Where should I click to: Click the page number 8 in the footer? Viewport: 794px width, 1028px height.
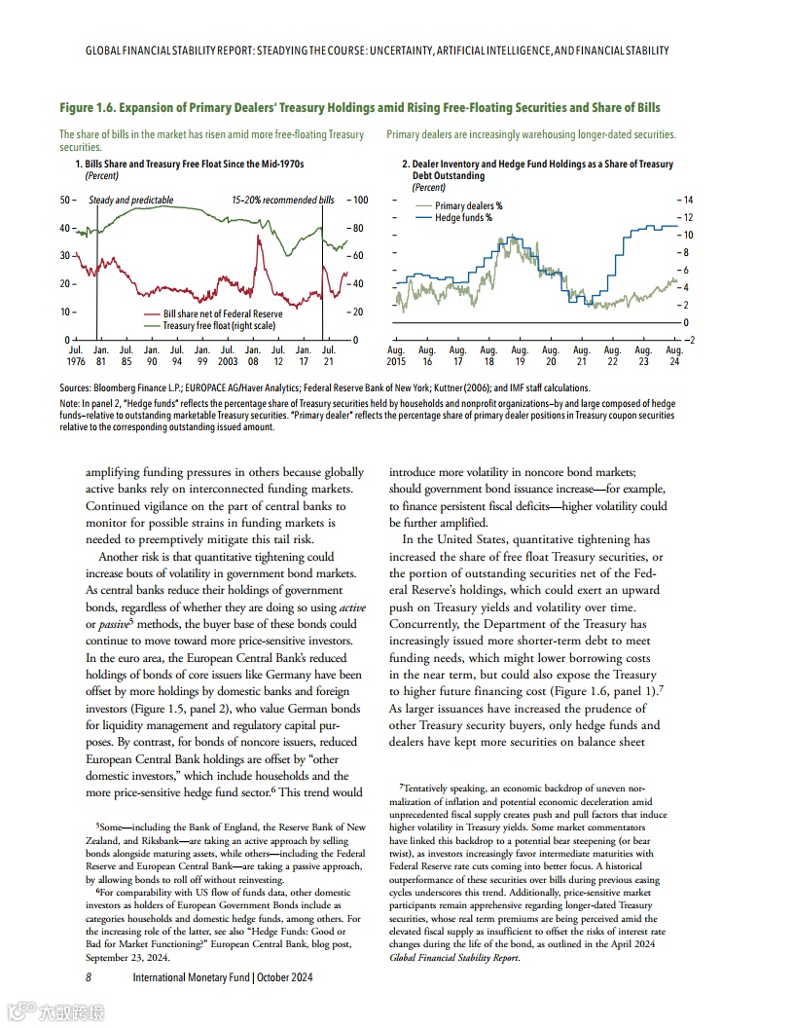click(x=89, y=977)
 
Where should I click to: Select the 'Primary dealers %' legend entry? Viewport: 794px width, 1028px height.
click(x=468, y=206)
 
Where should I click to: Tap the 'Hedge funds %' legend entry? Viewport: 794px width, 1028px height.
click(x=462, y=218)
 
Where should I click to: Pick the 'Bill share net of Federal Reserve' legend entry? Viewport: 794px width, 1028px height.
click(x=223, y=314)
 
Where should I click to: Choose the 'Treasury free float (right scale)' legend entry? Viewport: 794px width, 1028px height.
click(x=219, y=326)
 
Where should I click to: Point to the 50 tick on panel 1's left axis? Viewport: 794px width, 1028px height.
click(x=65, y=201)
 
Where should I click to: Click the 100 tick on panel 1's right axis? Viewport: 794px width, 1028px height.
click(x=359, y=201)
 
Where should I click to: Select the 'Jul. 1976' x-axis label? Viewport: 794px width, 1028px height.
click(x=75, y=355)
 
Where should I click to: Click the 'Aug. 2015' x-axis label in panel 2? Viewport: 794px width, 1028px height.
click(x=396, y=355)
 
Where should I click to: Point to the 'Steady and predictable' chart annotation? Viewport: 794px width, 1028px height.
click(x=130, y=201)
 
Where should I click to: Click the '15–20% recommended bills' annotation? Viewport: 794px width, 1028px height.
click(x=282, y=201)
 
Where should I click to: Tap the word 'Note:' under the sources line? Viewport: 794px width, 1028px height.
click(x=70, y=403)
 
